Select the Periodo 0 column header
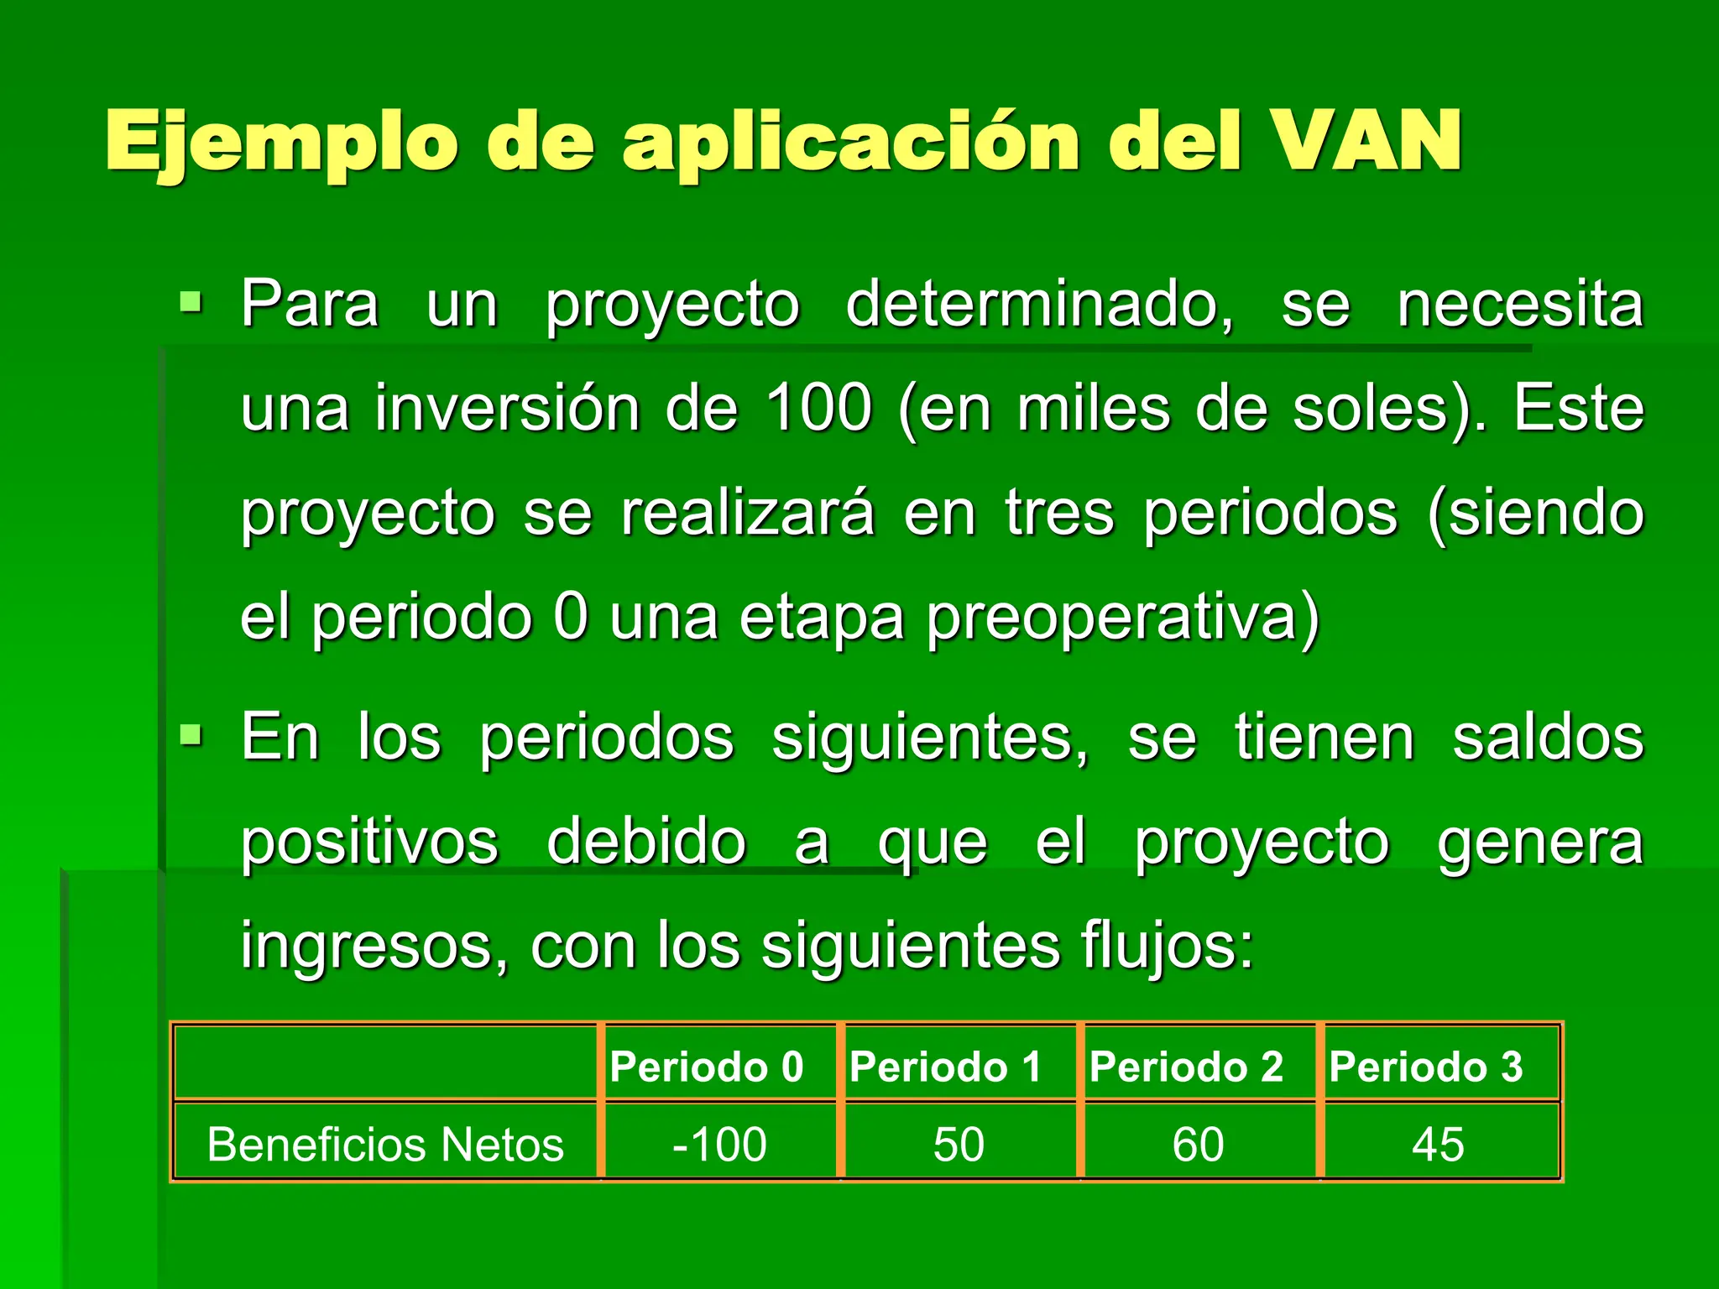(707, 1067)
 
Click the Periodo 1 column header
(946, 1067)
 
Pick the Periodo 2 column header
(1186, 1067)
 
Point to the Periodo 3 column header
(1426, 1067)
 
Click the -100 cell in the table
(719, 1144)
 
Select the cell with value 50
(959, 1144)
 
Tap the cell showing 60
(1198, 1144)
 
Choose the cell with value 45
(1438, 1144)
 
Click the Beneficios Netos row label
(385, 1144)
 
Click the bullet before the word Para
(191, 301)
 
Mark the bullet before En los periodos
(191, 736)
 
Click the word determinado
(1039, 304)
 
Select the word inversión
(506, 408)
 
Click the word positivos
(370, 842)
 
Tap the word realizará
(748, 513)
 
